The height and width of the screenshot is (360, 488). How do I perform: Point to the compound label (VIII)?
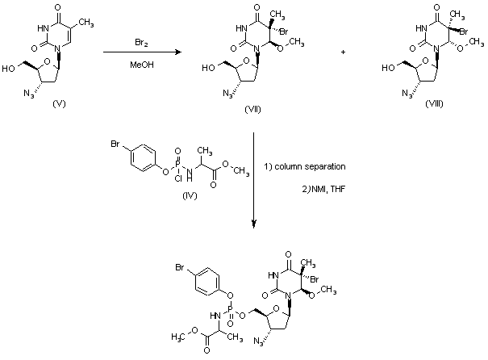418,107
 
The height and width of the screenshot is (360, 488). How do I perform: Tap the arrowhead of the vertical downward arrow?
254,225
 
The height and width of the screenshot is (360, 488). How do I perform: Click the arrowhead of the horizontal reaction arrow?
178,53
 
